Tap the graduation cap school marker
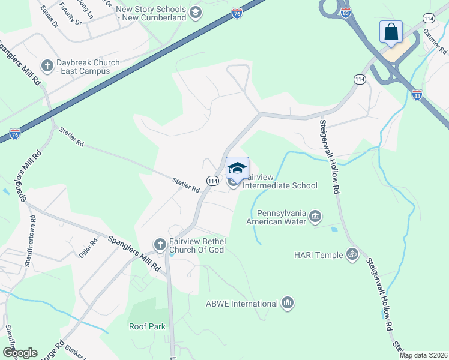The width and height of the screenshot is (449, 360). [x=237, y=167]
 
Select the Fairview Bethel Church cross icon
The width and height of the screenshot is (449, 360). [x=160, y=244]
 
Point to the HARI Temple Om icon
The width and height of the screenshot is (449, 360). [x=352, y=254]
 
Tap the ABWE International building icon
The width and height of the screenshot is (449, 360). [x=288, y=303]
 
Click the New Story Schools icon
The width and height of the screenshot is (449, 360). [x=195, y=12]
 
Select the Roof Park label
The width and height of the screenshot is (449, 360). [x=147, y=326]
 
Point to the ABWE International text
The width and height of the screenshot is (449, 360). [x=241, y=304]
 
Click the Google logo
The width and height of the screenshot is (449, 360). [x=20, y=353]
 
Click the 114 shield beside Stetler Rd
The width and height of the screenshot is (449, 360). [x=212, y=180]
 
